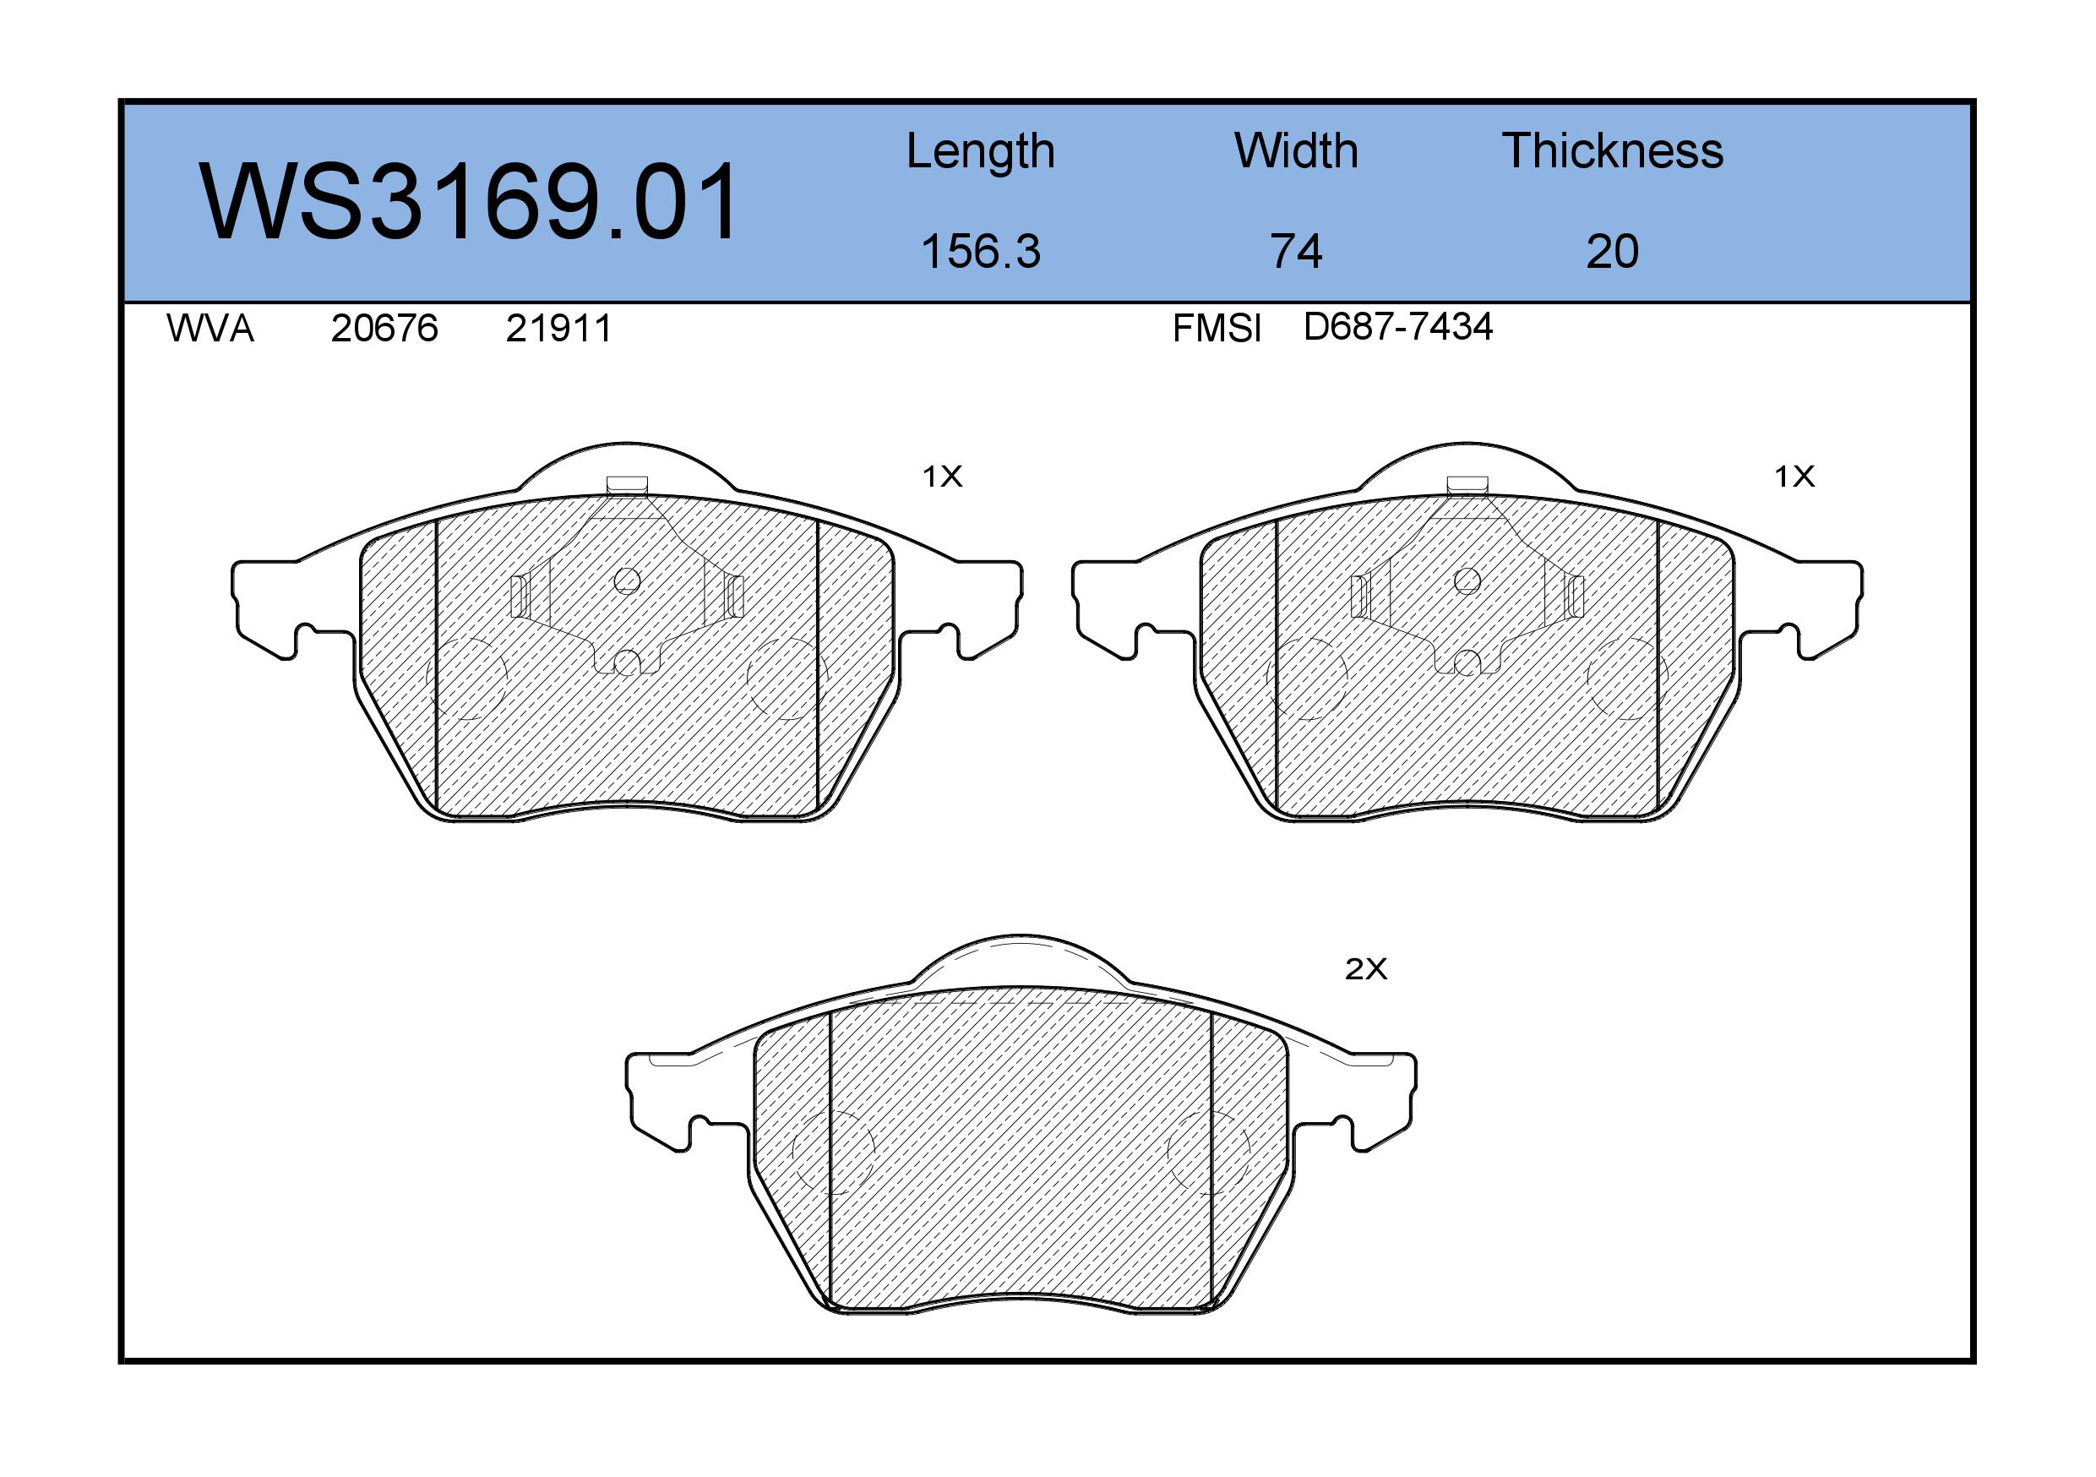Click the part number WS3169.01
pyautogui.click(x=469, y=202)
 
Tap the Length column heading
pyautogui.click(x=981, y=151)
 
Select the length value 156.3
pyautogui.click(x=981, y=251)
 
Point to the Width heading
pyautogui.click(x=1296, y=150)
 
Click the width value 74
pyautogui.click(x=1296, y=251)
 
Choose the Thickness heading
pyautogui.click(x=1612, y=150)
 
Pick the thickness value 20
pyautogui.click(x=1612, y=251)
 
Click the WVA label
pyautogui.click(x=210, y=328)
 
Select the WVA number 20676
pyautogui.click(x=384, y=328)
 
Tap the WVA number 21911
pyautogui.click(x=558, y=328)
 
